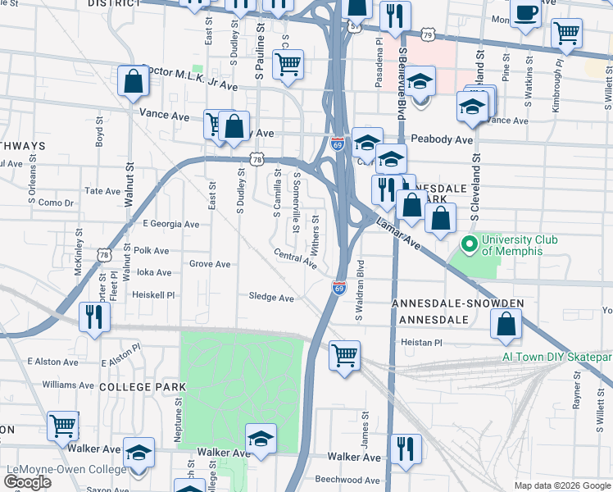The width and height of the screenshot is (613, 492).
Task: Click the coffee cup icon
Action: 525,13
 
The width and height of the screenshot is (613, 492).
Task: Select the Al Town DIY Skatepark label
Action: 557,358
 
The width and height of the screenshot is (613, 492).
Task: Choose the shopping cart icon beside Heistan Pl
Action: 345,356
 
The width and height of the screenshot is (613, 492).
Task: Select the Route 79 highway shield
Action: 427,34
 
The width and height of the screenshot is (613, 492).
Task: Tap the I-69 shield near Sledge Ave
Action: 339,288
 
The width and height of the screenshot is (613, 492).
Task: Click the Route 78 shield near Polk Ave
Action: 103,255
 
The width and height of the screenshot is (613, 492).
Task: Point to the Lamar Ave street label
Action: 399,234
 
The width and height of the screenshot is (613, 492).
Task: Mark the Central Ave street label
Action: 295,259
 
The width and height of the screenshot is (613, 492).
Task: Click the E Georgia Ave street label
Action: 170,224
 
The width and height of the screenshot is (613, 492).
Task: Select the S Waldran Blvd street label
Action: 359,291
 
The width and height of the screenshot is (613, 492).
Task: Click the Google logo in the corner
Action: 28,482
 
